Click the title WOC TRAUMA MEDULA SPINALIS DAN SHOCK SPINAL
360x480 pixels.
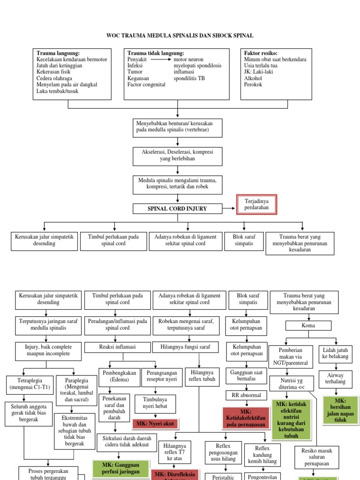point(180,36)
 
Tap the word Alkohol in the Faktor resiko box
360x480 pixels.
point(253,78)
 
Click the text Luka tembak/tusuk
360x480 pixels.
point(57,91)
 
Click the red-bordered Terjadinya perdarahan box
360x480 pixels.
point(256,204)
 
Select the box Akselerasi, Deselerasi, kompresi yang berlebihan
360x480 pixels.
point(177,156)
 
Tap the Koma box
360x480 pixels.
point(308,325)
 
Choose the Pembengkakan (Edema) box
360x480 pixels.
point(119,375)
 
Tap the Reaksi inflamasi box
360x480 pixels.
point(117,347)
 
